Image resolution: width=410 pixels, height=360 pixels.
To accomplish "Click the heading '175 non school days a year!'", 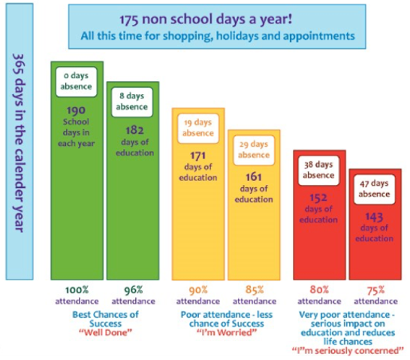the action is point(206,20).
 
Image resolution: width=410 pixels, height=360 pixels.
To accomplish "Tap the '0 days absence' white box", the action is point(76,82).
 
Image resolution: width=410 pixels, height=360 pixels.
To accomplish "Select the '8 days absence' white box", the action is point(132,101).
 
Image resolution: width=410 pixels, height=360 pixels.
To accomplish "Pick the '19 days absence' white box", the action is point(198,129).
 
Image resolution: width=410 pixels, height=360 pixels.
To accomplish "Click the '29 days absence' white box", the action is point(254,150).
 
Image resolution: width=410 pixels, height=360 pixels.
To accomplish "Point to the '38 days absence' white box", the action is point(318,171).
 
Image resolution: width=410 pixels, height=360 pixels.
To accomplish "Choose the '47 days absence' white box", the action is point(374,189).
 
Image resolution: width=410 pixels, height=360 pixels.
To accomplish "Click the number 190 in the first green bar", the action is point(76,110).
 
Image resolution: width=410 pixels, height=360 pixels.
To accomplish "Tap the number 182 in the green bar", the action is point(134,131).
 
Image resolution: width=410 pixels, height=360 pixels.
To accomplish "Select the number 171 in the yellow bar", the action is point(198,156).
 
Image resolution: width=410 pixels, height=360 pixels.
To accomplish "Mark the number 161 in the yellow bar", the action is point(254,177).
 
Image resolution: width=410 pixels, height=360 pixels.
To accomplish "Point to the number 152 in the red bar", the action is point(318,198).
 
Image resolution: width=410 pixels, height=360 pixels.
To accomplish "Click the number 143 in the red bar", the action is point(374,217).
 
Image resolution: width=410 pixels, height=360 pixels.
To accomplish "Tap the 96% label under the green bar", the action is point(134,290).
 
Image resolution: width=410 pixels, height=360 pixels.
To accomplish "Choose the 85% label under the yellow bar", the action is point(255,290).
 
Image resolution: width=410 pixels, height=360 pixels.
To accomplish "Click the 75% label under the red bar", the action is point(375,290).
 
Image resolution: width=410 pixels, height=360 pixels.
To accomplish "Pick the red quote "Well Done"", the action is point(105,332).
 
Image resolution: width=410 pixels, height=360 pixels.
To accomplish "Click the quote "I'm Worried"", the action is point(227,332).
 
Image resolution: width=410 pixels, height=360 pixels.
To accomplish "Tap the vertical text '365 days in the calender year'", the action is point(19,143).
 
